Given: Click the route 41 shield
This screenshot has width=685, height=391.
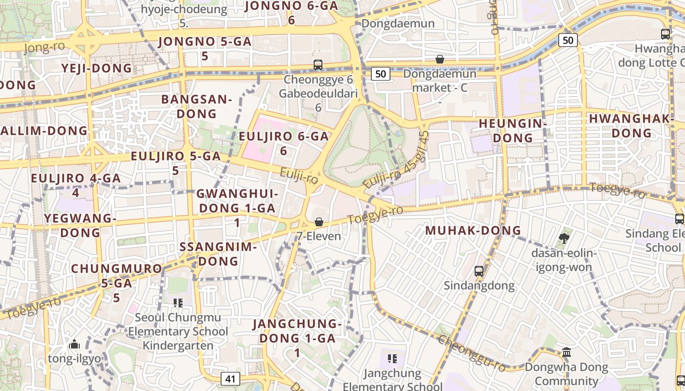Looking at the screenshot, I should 230,378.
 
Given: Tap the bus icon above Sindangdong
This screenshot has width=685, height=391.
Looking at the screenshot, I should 479,271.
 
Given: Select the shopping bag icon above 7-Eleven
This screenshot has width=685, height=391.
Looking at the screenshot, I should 319,222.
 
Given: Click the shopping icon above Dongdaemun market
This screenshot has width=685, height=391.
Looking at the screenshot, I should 440,59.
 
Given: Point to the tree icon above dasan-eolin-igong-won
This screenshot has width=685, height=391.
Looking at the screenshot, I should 564,239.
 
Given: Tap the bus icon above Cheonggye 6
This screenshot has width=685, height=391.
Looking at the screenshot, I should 318,65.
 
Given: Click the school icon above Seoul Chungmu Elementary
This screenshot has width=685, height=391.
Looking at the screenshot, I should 178,303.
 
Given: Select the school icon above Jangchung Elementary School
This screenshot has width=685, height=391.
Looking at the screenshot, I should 392,359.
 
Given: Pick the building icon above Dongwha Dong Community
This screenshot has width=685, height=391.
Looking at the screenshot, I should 567,352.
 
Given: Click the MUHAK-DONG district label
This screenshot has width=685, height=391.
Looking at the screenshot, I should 473,230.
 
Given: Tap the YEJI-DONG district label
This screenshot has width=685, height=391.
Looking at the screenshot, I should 97,68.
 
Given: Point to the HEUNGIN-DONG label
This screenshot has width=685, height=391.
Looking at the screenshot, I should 512,130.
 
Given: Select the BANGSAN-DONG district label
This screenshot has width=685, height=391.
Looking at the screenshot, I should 196,107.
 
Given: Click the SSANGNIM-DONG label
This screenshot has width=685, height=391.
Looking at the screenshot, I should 218,253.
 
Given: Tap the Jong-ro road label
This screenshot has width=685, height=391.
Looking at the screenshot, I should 44,47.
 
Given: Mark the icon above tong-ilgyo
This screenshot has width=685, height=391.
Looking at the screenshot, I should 74,345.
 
